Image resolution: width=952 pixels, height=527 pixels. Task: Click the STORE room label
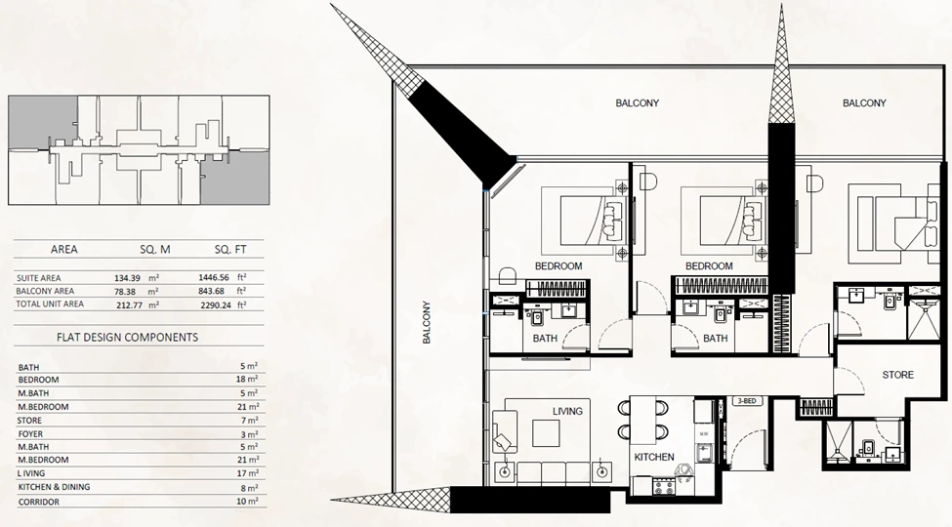point(897,375)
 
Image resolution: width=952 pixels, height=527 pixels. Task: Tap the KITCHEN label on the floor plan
point(654,457)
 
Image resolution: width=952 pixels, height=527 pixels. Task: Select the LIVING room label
point(567,411)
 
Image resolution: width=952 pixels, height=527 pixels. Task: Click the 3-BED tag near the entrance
point(746,401)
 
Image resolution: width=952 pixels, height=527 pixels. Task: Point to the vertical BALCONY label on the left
point(427,322)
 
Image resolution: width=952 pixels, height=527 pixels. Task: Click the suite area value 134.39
point(128,278)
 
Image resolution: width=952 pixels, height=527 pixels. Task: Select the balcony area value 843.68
point(211,291)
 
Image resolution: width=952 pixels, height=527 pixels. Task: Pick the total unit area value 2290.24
point(216,304)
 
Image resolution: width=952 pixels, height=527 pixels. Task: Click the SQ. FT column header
point(230,249)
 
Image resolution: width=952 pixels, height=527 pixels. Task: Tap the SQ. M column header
point(155,249)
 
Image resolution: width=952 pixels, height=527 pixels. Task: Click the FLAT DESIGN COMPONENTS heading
point(128,337)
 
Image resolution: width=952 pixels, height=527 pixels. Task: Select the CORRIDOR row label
point(39,502)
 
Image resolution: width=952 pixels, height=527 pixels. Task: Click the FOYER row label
point(30,433)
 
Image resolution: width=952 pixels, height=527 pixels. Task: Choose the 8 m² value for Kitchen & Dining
point(250,487)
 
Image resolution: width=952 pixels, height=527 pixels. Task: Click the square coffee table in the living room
point(546,433)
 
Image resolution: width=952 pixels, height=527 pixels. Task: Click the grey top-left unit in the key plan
point(43,121)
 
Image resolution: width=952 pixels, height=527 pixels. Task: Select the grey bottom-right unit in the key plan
point(235,178)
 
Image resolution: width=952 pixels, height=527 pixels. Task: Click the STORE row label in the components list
point(29,421)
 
